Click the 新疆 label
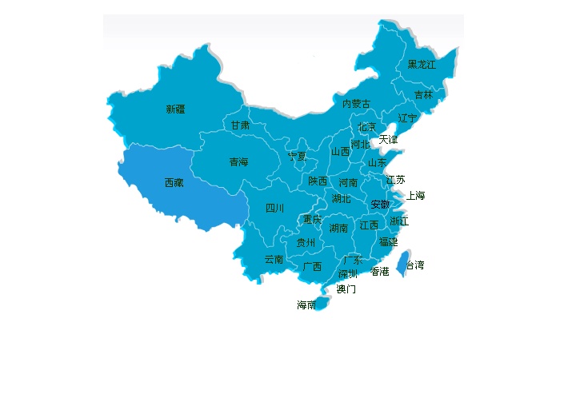175,109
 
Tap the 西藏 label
174,183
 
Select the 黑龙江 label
422,65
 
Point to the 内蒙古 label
356,104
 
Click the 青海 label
238,162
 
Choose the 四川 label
274,209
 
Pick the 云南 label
274,260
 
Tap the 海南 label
306,305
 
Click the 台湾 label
415,265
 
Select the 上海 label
415,196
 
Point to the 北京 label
366,127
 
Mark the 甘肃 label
240,125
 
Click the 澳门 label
346,289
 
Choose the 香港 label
380,272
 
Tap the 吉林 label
423,95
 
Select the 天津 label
387,140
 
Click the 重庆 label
312,220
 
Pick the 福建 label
388,241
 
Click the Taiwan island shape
404,261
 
